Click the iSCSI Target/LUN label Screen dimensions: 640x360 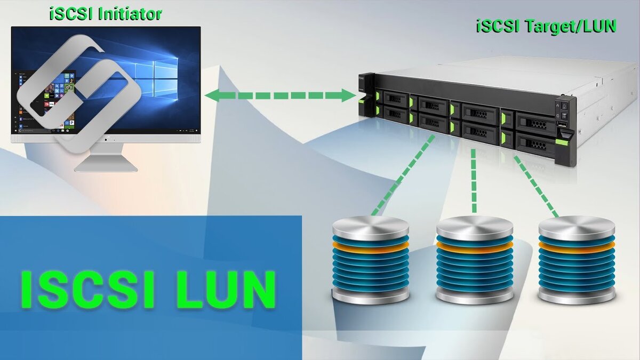click(x=546, y=27)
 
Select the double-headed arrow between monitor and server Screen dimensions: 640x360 click(x=280, y=96)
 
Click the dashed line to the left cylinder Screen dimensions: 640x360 click(x=404, y=173)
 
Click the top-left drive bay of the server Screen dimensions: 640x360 click(x=395, y=98)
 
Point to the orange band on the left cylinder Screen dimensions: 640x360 click(x=370, y=246)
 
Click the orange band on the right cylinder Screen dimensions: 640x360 click(x=577, y=246)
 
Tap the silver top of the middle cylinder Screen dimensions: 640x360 click(x=474, y=227)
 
